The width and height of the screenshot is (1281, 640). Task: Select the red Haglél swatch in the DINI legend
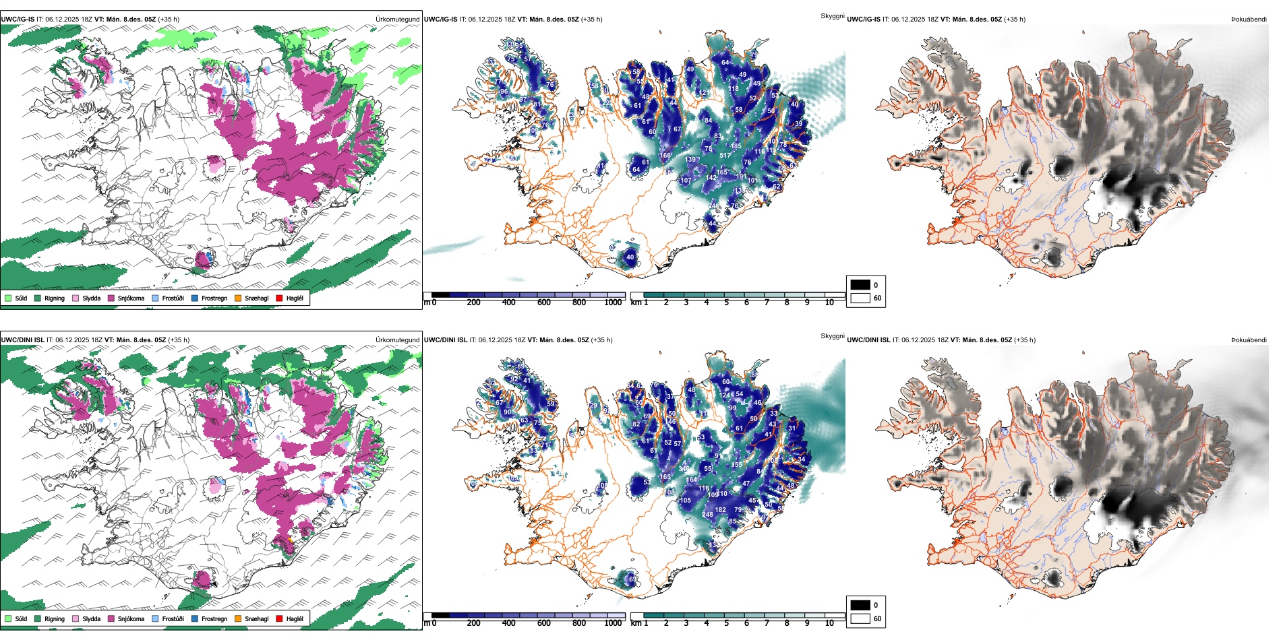point(279,618)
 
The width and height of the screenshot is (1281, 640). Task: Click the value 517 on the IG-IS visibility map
point(725,156)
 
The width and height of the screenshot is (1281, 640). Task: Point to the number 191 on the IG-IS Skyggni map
point(741,177)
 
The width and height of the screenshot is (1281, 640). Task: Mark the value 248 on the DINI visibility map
point(707,515)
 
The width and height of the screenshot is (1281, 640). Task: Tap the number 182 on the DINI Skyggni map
point(721,510)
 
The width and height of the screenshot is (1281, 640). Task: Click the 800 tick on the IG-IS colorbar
point(579,302)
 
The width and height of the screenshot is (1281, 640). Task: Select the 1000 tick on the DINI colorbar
point(613,623)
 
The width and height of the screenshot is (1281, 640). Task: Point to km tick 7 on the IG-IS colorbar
point(767,302)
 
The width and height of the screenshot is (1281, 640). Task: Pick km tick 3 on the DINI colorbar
point(686,623)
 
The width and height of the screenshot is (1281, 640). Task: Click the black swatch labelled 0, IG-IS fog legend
point(860,284)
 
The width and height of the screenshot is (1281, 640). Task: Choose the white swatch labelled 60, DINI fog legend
point(860,618)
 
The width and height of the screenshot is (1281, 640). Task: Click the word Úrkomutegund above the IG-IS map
point(397,19)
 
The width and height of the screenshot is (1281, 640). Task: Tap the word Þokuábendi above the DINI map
point(1249,340)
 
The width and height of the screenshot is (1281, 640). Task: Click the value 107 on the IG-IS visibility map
point(686,181)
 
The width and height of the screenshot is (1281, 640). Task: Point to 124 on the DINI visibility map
point(725,395)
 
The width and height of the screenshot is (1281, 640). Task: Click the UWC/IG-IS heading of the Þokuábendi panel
point(864,19)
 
